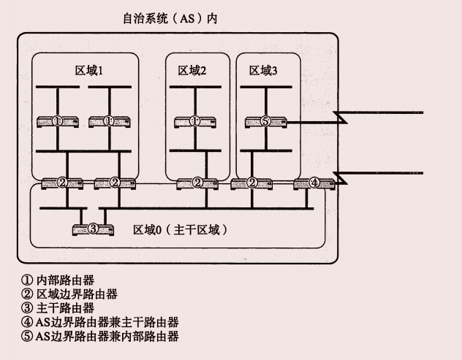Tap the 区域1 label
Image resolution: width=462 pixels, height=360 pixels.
pos(94,71)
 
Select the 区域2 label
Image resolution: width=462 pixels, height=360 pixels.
pos(192,71)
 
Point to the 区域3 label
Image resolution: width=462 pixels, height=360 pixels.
pos(263,71)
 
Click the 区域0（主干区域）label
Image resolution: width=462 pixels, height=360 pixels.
pos(181,230)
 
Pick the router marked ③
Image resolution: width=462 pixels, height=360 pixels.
pos(93,229)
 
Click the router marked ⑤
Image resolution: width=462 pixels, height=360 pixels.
pos(265,121)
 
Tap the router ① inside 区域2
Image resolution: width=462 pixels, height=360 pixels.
pos(194,121)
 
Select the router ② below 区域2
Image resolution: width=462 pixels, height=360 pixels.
pos(197,183)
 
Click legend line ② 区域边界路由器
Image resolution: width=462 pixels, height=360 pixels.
pos(70,294)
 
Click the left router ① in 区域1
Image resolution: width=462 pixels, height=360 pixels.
pos(57,121)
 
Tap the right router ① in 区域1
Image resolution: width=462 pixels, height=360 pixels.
pos(109,121)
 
